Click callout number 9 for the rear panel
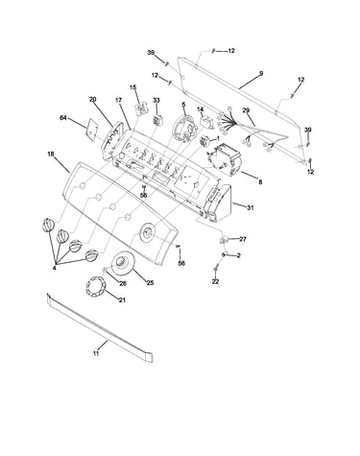(x=261, y=74)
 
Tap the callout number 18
(x=51, y=155)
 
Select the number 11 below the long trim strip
(x=96, y=353)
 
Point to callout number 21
(x=122, y=300)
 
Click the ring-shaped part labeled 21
(x=95, y=286)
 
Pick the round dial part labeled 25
(x=122, y=263)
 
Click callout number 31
(x=251, y=207)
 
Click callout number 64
(x=63, y=118)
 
